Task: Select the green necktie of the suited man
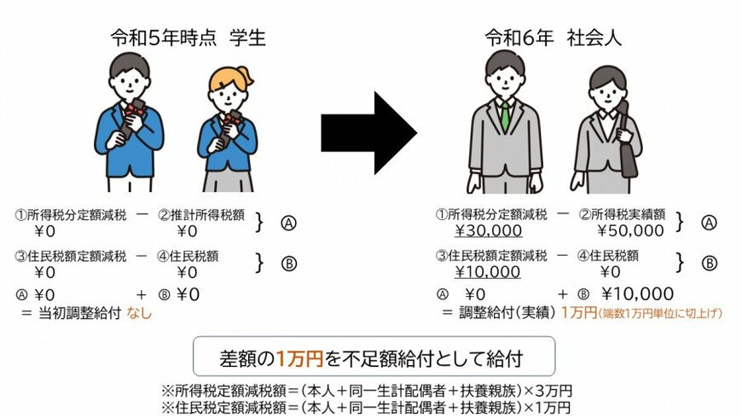[505, 114]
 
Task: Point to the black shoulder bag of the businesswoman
[628, 141]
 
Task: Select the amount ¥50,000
[629, 230]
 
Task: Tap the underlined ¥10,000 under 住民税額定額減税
[489, 272]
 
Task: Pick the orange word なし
[139, 313]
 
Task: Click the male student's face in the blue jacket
[130, 81]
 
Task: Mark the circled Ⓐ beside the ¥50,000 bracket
[707, 223]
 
